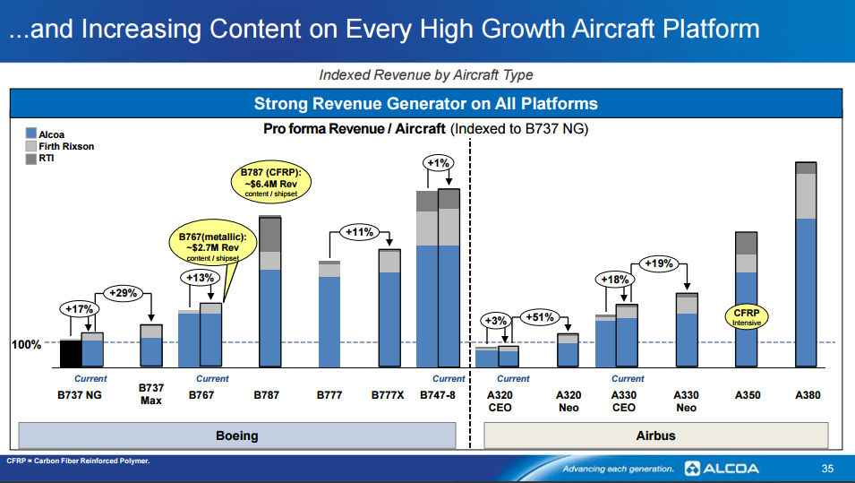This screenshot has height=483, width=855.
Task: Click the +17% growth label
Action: pos(78,309)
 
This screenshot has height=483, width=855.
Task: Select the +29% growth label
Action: pos(123,293)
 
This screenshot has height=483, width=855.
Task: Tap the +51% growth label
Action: pos(540,317)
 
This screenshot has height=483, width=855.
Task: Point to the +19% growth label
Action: pos(659,263)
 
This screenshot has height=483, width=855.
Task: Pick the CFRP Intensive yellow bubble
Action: pos(746,317)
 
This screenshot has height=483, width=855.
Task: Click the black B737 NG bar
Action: pos(71,353)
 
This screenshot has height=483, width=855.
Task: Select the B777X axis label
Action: pos(388,395)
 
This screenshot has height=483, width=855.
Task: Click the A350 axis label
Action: pos(747,395)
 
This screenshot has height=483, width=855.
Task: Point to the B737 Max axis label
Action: pos(150,393)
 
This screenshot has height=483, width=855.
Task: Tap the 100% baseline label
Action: pos(26,345)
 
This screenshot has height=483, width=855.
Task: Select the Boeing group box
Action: pos(237,436)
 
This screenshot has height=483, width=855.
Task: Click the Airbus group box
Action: pos(655,436)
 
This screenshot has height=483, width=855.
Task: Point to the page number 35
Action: pos(827,469)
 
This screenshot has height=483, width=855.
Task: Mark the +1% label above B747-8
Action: pos(439,163)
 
